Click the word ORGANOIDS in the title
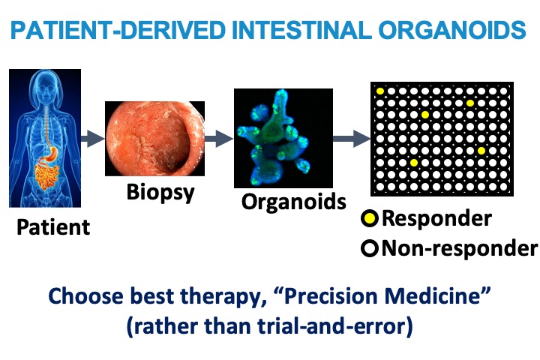point(452,30)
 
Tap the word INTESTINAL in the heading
point(301,30)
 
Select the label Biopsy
point(160,192)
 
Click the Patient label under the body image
point(53,227)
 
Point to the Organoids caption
point(294,202)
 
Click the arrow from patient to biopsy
point(93,139)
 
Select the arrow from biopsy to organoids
point(219,139)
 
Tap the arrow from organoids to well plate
point(352,139)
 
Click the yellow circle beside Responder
point(370,219)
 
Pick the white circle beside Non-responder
point(370,249)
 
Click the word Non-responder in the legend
point(460,248)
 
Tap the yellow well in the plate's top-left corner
point(379,91)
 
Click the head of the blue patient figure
point(46,87)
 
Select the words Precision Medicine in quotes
point(382,296)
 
